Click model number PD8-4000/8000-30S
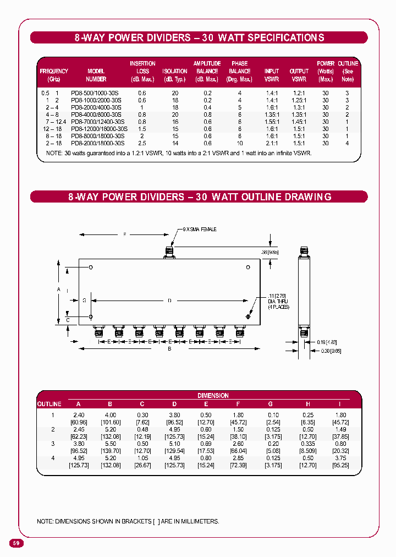97,114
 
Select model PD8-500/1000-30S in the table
95,94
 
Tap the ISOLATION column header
175,72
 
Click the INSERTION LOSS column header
142,71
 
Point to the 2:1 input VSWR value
271,143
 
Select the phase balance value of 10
239,143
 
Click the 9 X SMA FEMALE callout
200,229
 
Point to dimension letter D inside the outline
169,300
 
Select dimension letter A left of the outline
58,288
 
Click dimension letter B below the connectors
169,349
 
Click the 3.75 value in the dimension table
341,457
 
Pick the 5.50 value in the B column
111,443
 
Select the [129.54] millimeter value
174,450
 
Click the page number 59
16,543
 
